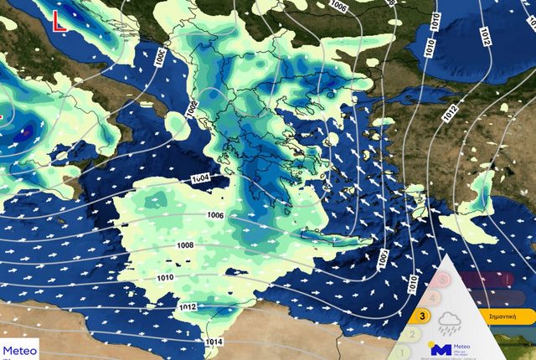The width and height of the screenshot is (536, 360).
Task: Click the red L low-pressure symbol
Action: point(59,22)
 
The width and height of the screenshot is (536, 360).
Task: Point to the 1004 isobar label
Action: point(199,179)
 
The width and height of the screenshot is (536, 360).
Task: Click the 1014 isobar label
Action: point(214,341)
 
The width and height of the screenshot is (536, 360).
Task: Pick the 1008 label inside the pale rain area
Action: point(185,245)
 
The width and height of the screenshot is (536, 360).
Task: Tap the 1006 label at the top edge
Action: point(338,6)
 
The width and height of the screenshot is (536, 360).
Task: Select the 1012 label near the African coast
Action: point(188,307)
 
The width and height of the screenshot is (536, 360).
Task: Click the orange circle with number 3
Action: point(424,316)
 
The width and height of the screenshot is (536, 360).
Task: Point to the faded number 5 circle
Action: point(442,280)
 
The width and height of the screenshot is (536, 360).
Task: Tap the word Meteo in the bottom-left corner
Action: point(21,351)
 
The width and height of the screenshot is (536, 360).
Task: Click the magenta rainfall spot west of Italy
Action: point(26,131)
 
